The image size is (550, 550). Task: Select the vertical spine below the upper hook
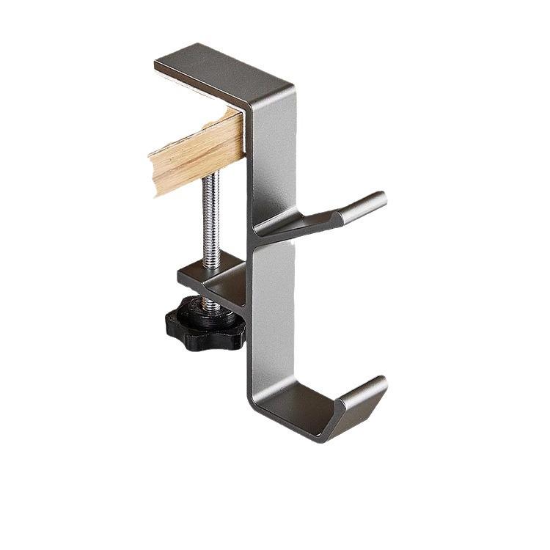(273, 315)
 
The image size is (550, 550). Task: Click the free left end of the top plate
(163, 64)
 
